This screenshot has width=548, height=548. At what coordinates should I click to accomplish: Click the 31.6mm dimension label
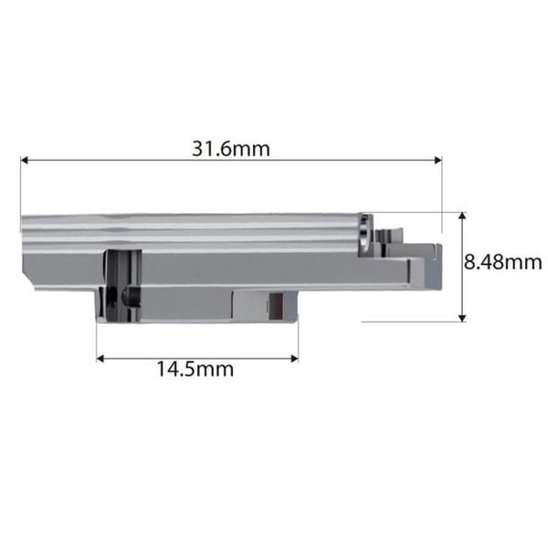point(231,149)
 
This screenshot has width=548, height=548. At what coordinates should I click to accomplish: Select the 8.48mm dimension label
point(503,262)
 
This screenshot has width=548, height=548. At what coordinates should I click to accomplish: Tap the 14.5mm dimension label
point(195,369)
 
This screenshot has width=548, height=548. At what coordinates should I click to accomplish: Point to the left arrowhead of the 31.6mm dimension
point(24,160)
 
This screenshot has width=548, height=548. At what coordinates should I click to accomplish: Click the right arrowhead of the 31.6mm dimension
point(437,160)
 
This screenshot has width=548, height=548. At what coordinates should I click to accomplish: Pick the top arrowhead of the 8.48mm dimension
point(462,216)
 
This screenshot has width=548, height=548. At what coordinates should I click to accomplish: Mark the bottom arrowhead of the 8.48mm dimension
point(462,318)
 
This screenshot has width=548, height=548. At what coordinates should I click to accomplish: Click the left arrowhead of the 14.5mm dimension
point(100,359)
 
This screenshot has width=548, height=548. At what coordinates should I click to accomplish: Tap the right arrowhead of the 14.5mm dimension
point(294,359)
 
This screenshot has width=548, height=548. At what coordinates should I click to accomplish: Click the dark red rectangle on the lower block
point(276,306)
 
